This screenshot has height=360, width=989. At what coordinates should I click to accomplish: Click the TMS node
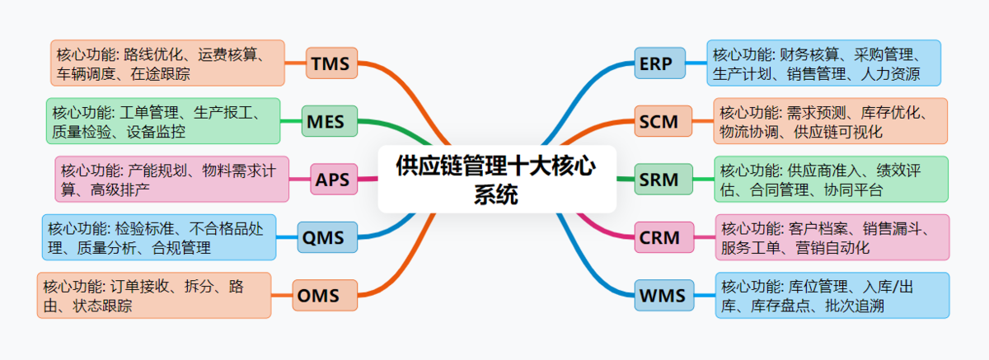pyautogui.click(x=331, y=63)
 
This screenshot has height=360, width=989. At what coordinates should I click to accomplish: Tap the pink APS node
pyautogui.click(x=332, y=179)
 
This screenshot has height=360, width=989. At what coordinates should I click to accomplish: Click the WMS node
pyautogui.click(x=663, y=295)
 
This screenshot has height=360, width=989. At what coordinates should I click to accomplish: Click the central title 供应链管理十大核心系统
pyautogui.click(x=497, y=179)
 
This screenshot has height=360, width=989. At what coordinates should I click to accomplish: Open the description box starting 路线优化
pyautogui.click(x=167, y=63)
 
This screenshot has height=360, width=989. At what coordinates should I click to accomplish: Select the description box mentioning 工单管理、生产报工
pyautogui.click(x=163, y=121)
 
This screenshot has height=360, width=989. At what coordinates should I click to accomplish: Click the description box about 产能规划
pyautogui.click(x=171, y=179)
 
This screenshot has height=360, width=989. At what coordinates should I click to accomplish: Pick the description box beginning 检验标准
pyautogui.click(x=159, y=237)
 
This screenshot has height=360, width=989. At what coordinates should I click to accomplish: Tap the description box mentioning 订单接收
pyautogui.click(x=154, y=295)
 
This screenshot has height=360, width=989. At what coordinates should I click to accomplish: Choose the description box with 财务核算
pyautogui.click(x=823, y=63)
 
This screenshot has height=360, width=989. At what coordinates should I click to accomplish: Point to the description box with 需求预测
pyautogui.click(x=830, y=121)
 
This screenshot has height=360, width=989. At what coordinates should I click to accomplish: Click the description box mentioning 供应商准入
pyautogui.click(x=831, y=179)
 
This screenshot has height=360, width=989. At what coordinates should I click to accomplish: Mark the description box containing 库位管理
pyautogui.click(x=832, y=295)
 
